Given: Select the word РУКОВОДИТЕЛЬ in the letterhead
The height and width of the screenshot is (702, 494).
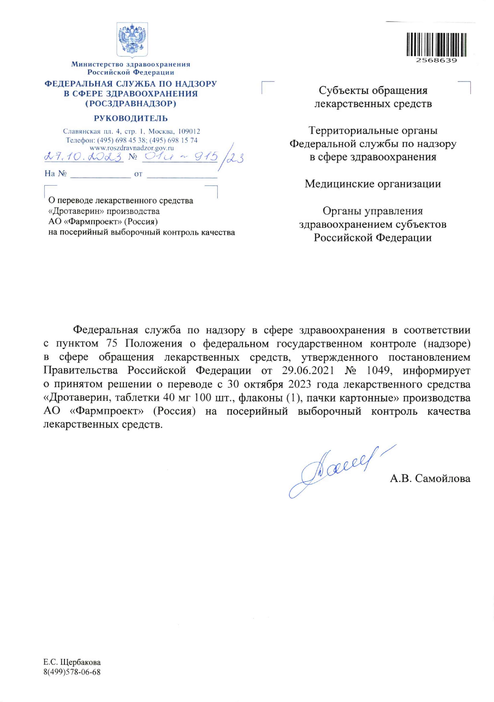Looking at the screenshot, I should [x=131, y=118].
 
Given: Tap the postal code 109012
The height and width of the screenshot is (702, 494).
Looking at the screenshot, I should [x=189, y=132].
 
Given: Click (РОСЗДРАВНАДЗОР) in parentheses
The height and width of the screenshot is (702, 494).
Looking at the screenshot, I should [x=131, y=104].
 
